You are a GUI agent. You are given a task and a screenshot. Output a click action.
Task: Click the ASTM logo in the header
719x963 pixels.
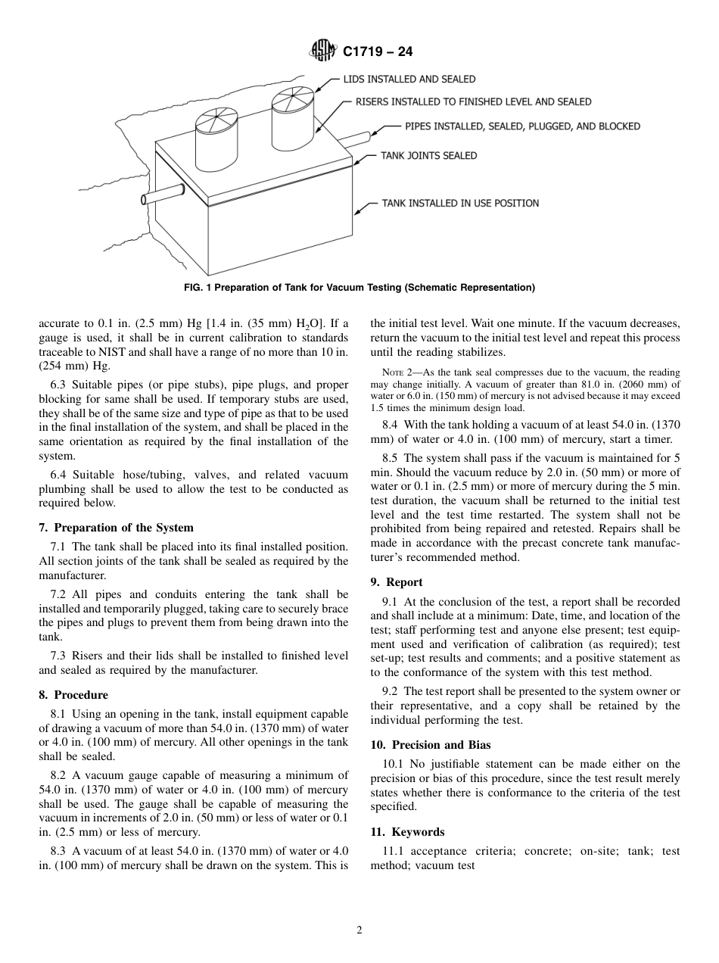click(323, 52)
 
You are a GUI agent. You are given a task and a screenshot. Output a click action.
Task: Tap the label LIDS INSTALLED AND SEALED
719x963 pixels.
click(409, 79)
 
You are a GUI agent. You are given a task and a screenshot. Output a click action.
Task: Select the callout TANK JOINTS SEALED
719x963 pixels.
click(428, 156)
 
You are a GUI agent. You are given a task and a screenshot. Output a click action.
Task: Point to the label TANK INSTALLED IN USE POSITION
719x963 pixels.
click(459, 203)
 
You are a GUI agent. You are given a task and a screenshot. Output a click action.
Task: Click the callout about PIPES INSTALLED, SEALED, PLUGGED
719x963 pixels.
click(522, 126)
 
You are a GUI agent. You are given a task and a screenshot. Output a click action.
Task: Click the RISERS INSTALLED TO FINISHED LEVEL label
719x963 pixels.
click(473, 101)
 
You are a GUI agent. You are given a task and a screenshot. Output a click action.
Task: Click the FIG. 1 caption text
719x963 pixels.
click(359, 287)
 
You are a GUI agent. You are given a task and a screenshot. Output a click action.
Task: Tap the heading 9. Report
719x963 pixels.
click(396, 582)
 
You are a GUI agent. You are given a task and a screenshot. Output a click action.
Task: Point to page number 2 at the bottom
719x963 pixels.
click(359, 931)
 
